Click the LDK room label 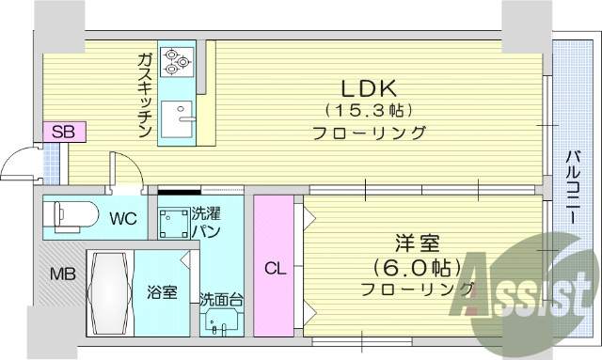[369, 88]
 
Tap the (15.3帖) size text [369, 111]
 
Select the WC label [123, 219]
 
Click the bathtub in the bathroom [109, 292]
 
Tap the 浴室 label [163, 292]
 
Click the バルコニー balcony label [571, 180]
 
